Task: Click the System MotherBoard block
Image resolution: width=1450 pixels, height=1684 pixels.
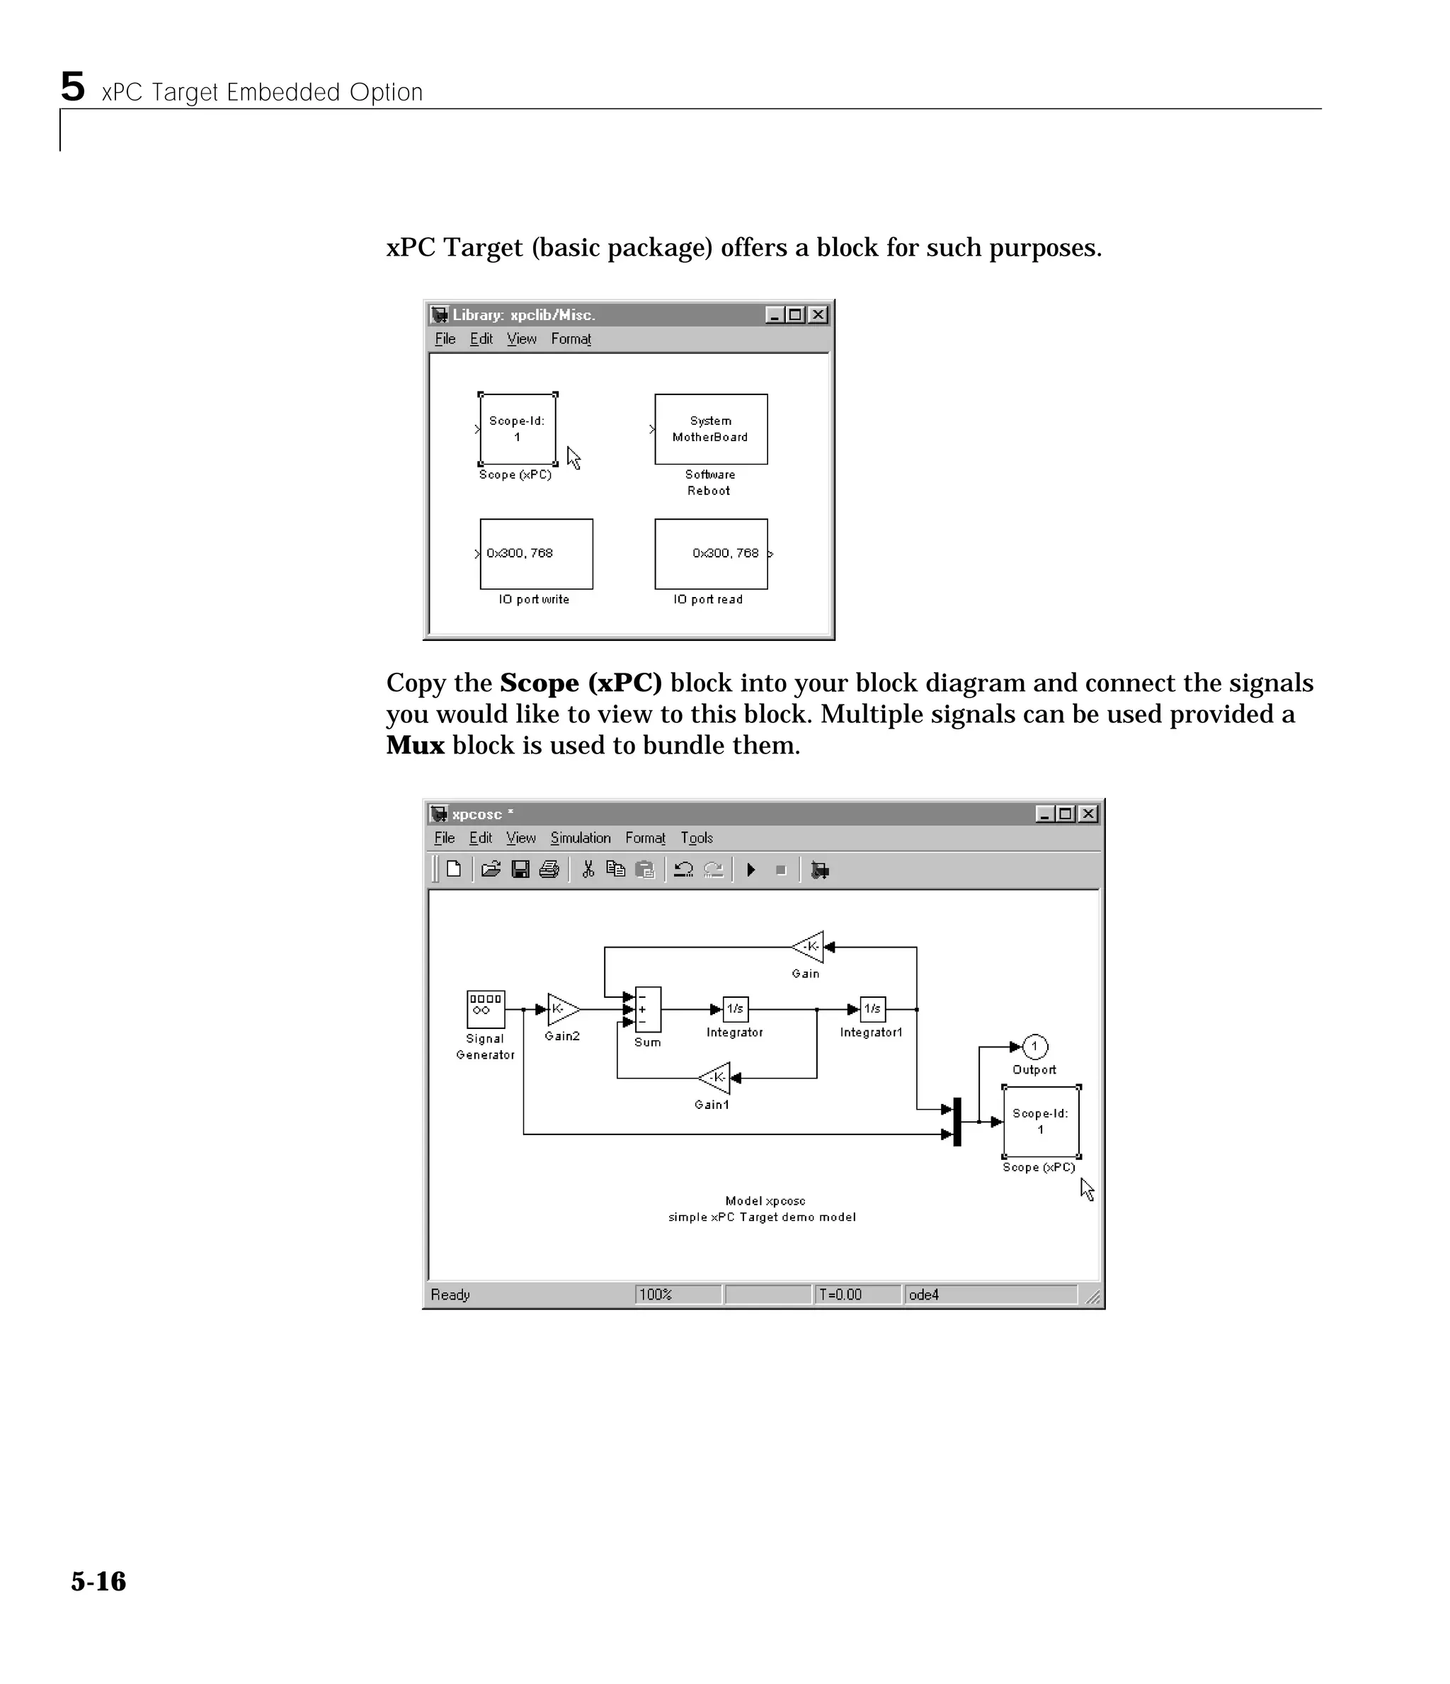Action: tap(710, 429)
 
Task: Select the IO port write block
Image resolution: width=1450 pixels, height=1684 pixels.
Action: tap(536, 554)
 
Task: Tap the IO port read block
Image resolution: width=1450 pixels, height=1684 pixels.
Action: tap(710, 554)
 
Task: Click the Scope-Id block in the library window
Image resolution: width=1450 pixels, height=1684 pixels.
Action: tap(517, 429)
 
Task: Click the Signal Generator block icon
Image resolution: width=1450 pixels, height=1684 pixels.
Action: tap(485, 1008)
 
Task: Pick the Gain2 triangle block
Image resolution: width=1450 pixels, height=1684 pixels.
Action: tap(561, 1008)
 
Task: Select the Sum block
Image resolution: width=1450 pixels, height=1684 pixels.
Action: tap(648, 1008)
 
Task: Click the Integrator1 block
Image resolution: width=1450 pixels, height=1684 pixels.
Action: tap(872, 1008)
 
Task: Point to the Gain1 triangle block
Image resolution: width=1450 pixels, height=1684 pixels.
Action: tap(715, 1078)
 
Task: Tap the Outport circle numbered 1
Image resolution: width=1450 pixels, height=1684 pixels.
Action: tap(1034, 1047)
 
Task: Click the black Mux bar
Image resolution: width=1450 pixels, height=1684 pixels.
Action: tap(957, 1122)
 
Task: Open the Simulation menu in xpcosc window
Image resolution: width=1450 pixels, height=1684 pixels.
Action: tap(580, 838)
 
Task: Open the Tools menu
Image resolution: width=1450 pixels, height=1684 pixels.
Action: tap(697, 838)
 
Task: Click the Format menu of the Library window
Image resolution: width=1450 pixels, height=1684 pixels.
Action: tap(571, 339)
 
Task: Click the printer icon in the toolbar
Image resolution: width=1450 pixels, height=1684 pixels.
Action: tap(549, 870)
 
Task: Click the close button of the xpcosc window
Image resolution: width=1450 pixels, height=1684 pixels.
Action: tap(1087, 814)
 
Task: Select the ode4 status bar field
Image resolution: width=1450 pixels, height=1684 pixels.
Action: tap(989, 1294)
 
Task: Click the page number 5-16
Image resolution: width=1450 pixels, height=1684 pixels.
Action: tap(98, 1581)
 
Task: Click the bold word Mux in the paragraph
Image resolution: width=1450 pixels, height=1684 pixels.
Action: tap(414, 745)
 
